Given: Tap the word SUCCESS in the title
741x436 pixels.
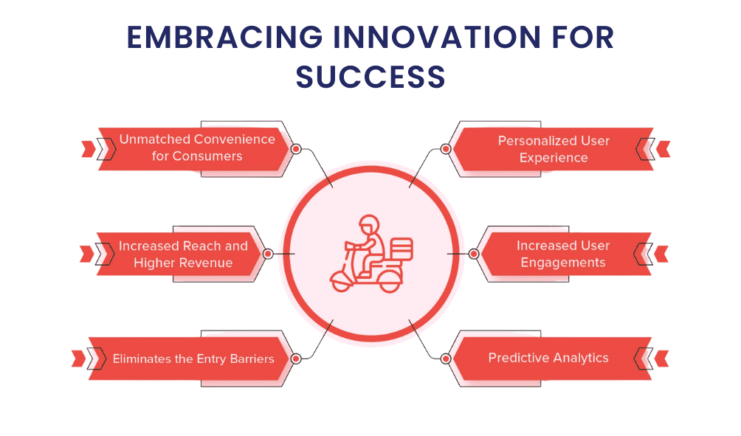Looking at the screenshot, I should [x=370, y=76].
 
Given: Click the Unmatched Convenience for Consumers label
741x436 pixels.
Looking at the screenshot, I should [x=197, y=148].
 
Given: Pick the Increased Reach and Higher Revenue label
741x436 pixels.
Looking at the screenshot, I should [x=183, y=254].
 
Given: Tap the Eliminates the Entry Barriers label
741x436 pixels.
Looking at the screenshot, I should [x=193, y=359].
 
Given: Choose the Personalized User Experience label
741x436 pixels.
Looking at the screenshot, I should [x=554, y=148].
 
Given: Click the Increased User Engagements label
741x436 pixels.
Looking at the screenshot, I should [x=562, y=254].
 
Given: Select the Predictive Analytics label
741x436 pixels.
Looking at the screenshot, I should [x=548, y=358].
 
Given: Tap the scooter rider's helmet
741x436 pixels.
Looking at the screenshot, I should [x=368, y=224].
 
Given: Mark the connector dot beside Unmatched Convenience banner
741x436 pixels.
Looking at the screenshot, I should [x=295, y=148].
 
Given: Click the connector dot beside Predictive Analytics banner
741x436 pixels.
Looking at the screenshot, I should [x=445, y=359].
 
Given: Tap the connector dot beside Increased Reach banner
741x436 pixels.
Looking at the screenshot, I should [x=268, y=254].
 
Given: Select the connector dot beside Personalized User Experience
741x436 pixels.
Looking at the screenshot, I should [x=445, y=148].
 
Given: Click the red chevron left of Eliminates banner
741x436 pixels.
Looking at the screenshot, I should [x=78, y=359].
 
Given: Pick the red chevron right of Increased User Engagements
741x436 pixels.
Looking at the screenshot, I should [x=661, y=254].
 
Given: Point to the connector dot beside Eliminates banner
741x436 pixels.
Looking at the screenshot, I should [x=295, y=359].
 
